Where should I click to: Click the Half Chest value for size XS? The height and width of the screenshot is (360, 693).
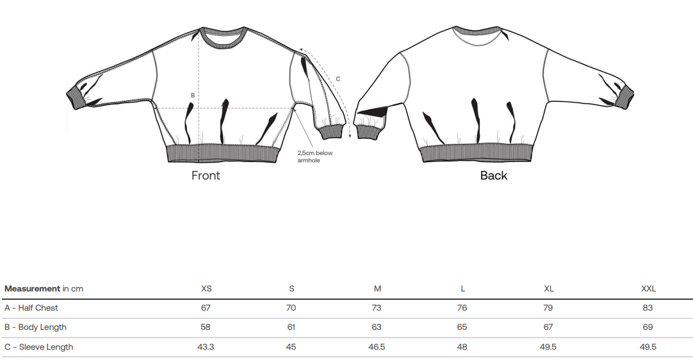(206, 308)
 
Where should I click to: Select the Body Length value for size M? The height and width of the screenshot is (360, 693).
(377, 327)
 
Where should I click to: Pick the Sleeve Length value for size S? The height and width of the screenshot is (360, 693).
(291, 347)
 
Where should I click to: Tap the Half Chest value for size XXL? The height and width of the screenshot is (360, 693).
(648, 308)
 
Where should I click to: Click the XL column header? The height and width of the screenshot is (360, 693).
(548, 289)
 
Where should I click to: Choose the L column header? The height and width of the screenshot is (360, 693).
(462, 289)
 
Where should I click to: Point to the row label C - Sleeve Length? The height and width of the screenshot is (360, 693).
(38, 347)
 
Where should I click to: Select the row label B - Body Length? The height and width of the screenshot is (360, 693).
(35, 327)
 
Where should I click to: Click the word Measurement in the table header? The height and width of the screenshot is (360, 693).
(32, 289)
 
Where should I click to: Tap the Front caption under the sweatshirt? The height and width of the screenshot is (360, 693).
(206, 176)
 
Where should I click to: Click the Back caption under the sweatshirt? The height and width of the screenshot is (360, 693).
(494, 176)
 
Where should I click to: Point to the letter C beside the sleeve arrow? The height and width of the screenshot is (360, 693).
(338, 79)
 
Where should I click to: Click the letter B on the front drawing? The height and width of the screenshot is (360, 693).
(193, 95)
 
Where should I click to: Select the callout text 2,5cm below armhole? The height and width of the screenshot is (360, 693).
(315, 156)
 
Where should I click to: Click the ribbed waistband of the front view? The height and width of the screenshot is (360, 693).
(223, 154)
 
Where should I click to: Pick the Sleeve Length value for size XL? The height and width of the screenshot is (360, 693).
(548, 347)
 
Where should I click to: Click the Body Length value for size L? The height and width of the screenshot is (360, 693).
(462, 327)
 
